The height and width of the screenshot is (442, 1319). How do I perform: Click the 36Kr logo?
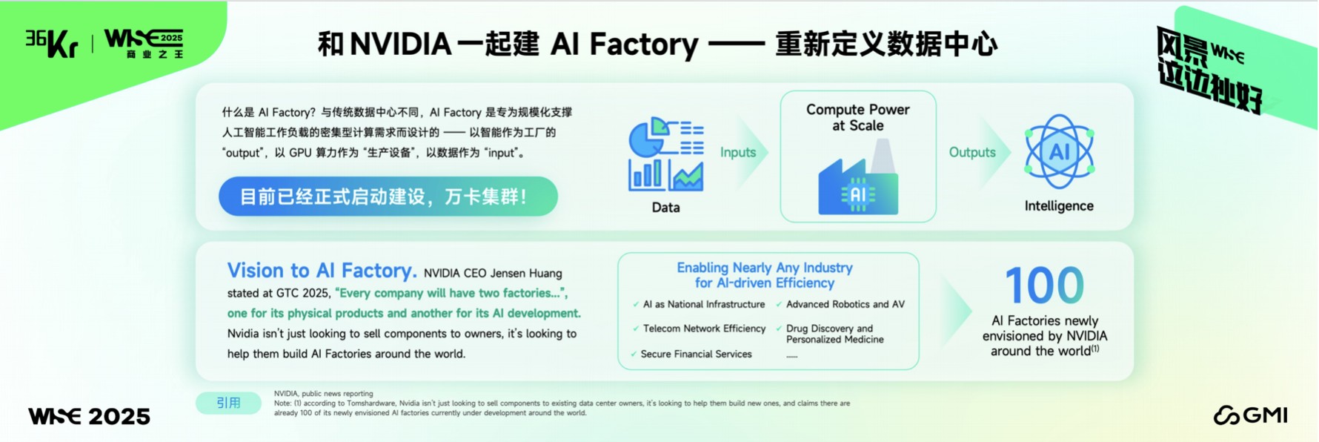point(52,43)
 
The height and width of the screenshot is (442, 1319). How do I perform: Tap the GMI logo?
point(1250,415)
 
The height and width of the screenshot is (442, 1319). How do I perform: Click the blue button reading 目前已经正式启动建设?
point(388,197)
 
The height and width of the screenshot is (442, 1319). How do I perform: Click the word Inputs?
point(738,152)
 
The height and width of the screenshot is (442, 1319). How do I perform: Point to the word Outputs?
point(971,152)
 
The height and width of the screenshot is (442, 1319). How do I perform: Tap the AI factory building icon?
point(857,182)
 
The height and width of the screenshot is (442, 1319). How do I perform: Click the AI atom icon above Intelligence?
point(1059,152)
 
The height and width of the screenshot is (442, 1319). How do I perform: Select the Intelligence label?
point(1059,206)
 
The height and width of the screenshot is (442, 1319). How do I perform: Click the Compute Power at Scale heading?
point(857,117)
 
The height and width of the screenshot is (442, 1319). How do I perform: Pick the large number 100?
point(1044,286)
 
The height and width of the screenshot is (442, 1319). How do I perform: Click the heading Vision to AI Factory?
point(322,271)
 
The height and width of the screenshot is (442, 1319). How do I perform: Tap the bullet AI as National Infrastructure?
point(703,304)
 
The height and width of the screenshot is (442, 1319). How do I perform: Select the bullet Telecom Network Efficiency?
point(703,329)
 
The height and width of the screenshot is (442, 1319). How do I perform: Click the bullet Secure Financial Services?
point(696,354)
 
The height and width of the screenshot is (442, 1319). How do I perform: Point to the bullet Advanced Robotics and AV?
point(845,304)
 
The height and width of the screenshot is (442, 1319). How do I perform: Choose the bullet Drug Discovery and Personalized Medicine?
point(834,334)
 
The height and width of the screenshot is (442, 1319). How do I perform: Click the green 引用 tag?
point(228,403)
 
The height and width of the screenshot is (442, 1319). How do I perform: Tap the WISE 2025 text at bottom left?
point(89,417)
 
